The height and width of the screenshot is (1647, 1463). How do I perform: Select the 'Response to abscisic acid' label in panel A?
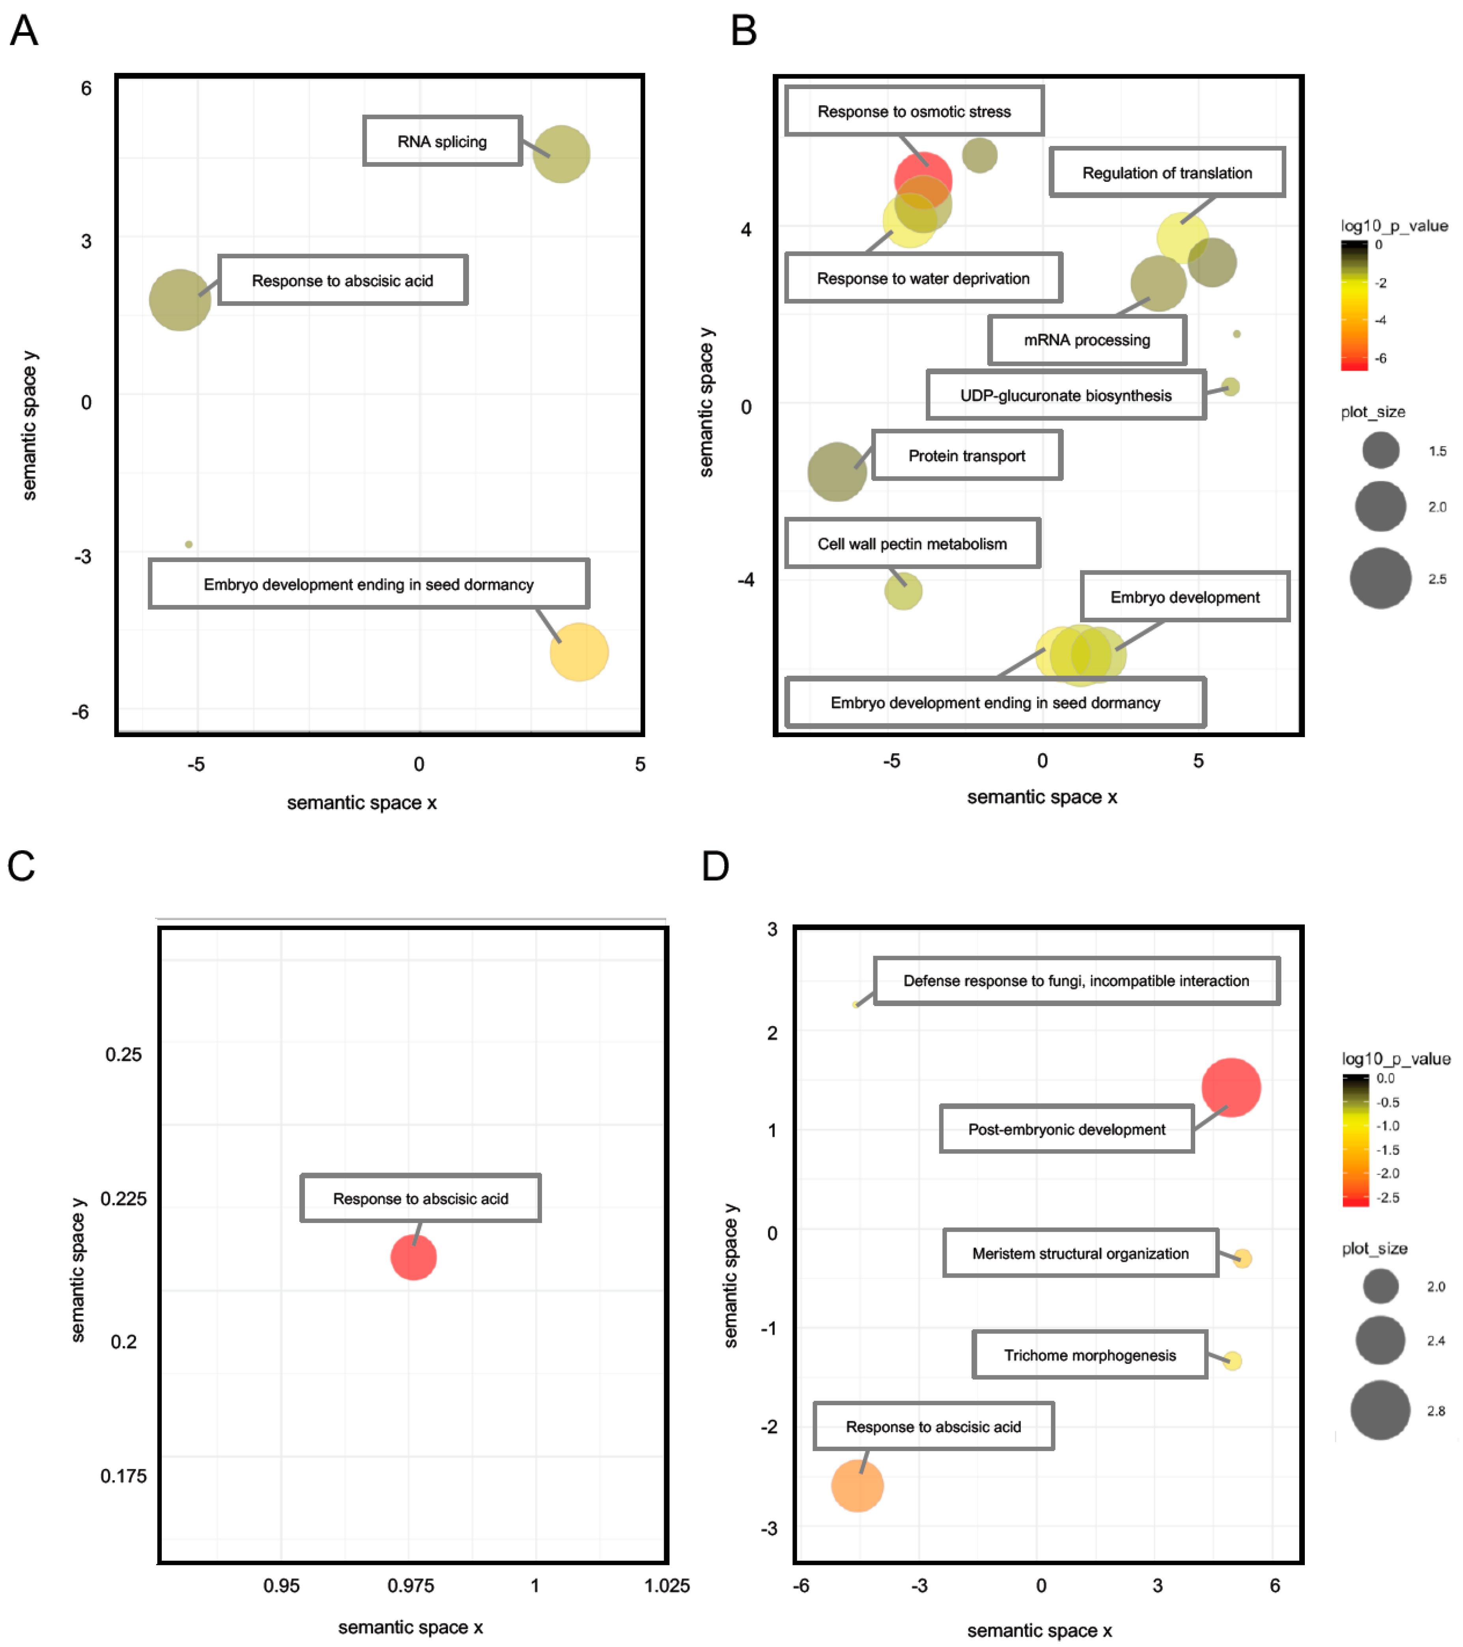342,280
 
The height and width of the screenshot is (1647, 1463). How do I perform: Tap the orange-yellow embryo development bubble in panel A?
579,652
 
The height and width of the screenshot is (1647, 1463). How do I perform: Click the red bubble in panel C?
413,1257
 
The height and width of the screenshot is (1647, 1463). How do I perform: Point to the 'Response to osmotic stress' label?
914,111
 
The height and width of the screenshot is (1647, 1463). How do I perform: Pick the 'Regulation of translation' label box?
1166,172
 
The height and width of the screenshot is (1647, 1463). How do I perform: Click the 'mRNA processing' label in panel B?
1087,340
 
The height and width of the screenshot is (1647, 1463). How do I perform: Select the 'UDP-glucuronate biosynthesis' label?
1066,395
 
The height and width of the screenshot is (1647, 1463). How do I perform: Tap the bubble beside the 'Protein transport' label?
837,471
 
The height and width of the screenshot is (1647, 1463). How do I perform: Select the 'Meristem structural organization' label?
1080,1253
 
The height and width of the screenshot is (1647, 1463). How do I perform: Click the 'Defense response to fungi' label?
1076,980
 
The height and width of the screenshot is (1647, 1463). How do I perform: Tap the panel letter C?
22,866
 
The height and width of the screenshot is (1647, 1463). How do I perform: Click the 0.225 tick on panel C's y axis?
123,1198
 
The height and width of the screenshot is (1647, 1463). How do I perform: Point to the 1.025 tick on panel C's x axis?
667,1586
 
